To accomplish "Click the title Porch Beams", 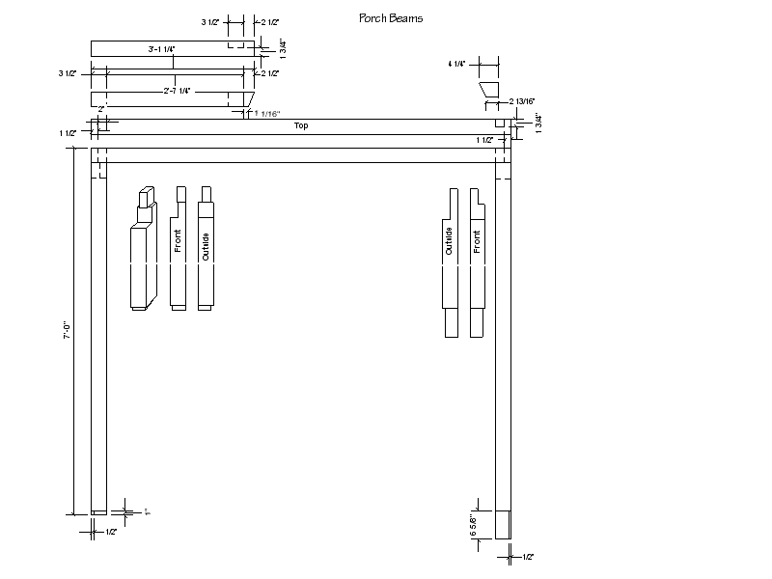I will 390,18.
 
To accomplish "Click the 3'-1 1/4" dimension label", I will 161,47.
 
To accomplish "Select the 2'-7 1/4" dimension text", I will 177,90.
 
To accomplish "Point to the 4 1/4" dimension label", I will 456,64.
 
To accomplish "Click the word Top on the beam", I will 301,125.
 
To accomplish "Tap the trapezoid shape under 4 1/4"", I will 489,91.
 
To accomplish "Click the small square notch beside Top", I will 500,124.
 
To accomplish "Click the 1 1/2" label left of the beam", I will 67,133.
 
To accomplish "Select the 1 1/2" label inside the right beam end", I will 484,140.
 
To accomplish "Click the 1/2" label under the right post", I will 528,557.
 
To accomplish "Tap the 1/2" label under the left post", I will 111,532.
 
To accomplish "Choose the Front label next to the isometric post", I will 179,241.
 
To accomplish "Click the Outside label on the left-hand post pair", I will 205,246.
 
